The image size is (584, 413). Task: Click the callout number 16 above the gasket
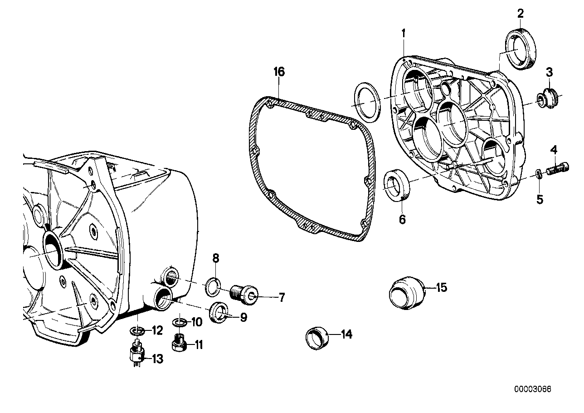pos(279,72)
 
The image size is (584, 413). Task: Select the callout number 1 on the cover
pos(403,33)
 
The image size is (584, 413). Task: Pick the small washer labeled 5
pos(538,174)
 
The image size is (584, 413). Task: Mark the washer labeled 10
pos(180,323)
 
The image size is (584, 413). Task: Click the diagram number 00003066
pos(534,389)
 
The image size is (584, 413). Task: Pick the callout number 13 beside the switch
pos(157,359)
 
